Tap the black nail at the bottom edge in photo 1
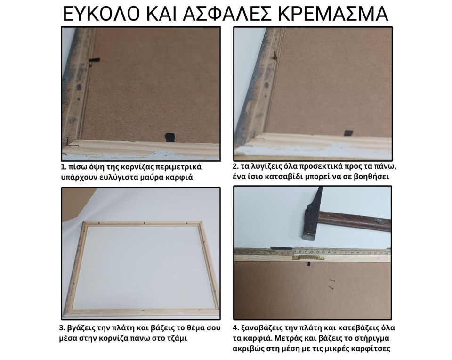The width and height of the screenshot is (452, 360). pyautogui.click(x=169, y=137)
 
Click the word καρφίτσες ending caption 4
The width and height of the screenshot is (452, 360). pyautogui.click(x=371, y=349)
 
